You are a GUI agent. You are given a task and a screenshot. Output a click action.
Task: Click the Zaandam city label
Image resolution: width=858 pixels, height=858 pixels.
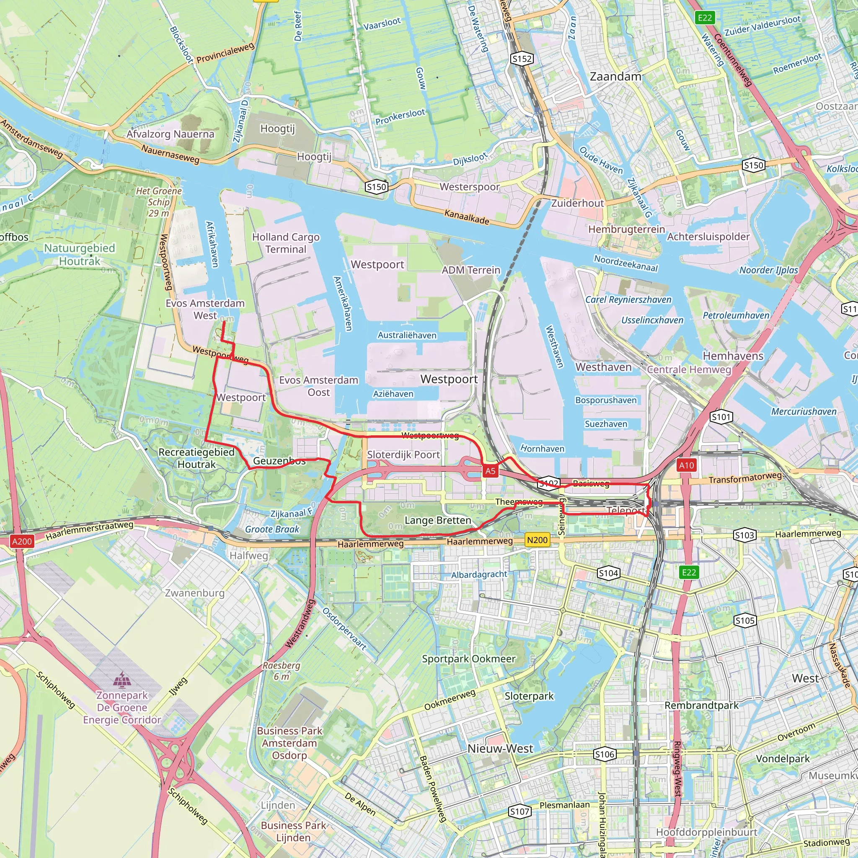coord(615,76)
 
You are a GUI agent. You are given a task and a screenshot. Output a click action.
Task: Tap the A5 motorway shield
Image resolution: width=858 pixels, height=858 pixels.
coord(490,471)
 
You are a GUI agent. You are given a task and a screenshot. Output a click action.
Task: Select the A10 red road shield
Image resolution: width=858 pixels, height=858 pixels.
coord(686,465)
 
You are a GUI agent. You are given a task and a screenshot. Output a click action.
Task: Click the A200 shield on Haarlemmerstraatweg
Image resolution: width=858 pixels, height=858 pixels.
coord(22,541)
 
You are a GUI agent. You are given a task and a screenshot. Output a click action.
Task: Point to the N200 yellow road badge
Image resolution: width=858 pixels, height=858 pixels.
coord(537,540)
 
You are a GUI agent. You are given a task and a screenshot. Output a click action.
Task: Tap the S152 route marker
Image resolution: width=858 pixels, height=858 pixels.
coord(522,59)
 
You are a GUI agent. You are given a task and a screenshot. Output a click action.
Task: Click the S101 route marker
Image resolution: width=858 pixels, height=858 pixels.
coord(721,417)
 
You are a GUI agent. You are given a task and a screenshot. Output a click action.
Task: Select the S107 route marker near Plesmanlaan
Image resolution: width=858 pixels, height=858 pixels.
coord(519,812)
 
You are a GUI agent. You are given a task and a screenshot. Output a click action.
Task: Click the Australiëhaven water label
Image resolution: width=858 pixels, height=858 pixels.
coord(407,335)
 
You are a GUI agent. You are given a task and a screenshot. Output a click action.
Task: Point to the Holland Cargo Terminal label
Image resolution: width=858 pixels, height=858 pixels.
coord(286,243)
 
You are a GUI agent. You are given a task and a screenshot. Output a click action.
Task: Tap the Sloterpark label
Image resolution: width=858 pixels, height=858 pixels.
coord(529,696)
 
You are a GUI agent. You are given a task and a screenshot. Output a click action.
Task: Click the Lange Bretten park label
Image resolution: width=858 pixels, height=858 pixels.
coord(437,520)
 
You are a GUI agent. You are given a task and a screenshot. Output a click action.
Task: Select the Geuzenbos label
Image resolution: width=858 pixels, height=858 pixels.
coord(279,461)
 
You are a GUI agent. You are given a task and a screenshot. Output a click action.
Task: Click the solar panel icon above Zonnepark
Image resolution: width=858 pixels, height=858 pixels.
coord(121,680)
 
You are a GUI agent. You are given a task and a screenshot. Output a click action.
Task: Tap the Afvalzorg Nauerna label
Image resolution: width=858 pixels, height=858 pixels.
coord(170,134)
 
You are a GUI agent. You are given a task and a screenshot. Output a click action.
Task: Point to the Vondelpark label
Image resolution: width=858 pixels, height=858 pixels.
coord(783,759)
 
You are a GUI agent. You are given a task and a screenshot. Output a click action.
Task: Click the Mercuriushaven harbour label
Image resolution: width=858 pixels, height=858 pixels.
coord(804,411)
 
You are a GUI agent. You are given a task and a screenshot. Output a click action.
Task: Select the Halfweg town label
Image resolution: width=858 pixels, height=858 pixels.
coord(249,556)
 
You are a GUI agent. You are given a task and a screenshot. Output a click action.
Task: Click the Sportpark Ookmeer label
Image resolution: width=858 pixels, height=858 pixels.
coord(468,659)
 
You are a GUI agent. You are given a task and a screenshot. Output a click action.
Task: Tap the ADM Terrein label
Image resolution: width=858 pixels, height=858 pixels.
coord(471,270)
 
